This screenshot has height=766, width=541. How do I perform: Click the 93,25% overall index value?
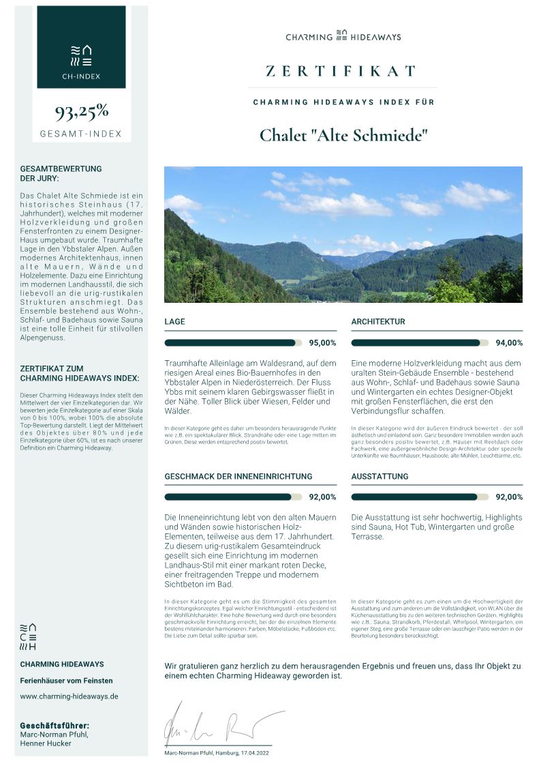pos(81,111)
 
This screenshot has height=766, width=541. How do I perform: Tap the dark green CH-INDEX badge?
pos(81,47)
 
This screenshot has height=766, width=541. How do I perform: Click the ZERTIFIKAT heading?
pos(341,71)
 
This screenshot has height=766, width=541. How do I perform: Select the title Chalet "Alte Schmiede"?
pos(343,134)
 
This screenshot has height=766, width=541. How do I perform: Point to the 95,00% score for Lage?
pos(322,343)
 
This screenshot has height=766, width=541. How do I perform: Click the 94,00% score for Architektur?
pos(509,343)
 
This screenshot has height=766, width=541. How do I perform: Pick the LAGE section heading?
pos(174,321)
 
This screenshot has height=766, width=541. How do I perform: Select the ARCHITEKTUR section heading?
pos(378,321)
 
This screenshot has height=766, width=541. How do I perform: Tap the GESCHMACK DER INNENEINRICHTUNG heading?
pos(238,476)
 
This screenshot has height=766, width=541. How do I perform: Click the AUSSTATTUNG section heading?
pos(380,476)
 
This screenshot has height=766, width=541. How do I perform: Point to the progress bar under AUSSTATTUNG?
pos(420,497)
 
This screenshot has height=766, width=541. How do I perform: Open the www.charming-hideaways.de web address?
pos(69,696)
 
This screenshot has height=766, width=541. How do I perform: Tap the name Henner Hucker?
pos(46,743)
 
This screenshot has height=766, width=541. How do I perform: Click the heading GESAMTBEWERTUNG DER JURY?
pos(61,173)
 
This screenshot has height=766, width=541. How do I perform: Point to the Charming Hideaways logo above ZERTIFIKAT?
pos(343,36)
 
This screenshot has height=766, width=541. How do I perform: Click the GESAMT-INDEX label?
pos(81,134)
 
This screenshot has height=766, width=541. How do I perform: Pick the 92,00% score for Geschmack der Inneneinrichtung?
pos(322,497)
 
